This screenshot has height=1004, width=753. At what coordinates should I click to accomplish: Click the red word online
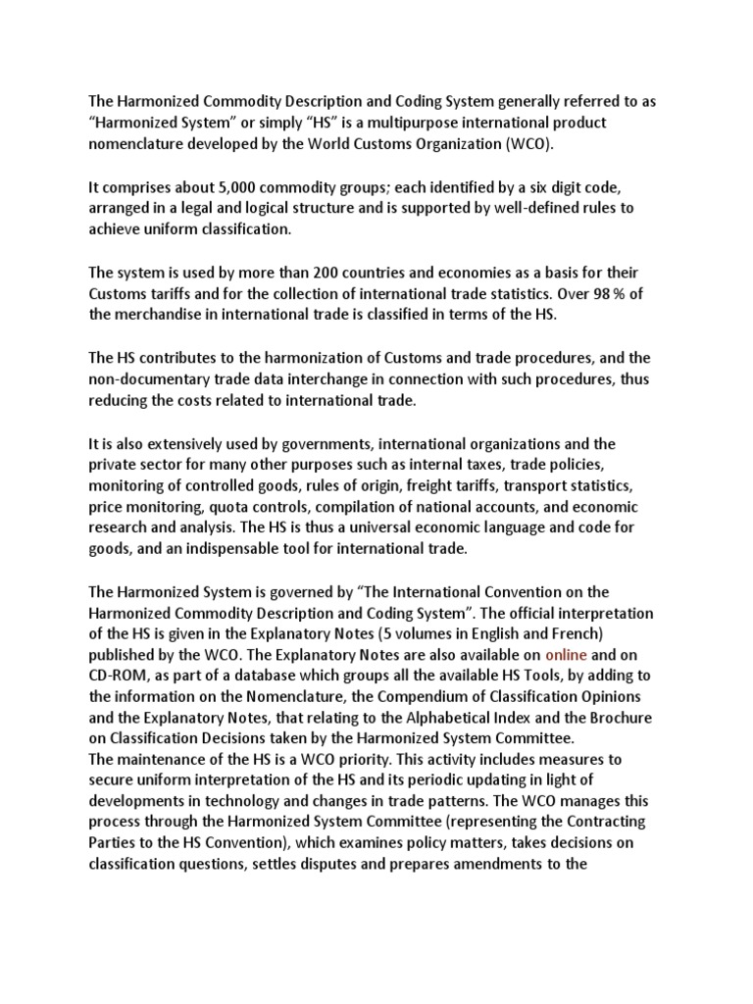(x=566, y=655)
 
